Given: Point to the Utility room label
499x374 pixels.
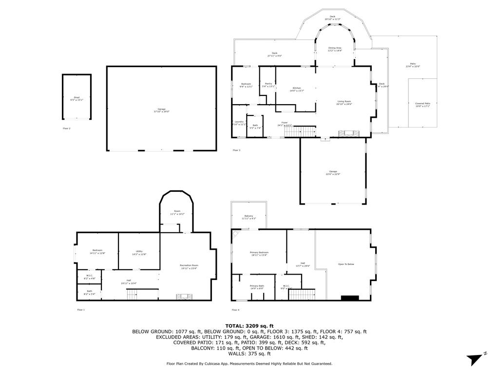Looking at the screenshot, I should click(139, 252).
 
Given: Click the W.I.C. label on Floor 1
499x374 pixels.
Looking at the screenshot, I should click(90, 277).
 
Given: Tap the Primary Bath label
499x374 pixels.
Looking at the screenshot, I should click(257, 287).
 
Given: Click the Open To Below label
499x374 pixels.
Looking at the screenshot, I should click(346, 264).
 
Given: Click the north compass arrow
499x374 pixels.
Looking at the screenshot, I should click(475, 359).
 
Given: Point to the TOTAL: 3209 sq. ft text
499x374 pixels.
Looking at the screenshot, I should click(249, 326).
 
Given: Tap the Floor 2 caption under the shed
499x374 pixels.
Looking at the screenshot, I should click(66, 128).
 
